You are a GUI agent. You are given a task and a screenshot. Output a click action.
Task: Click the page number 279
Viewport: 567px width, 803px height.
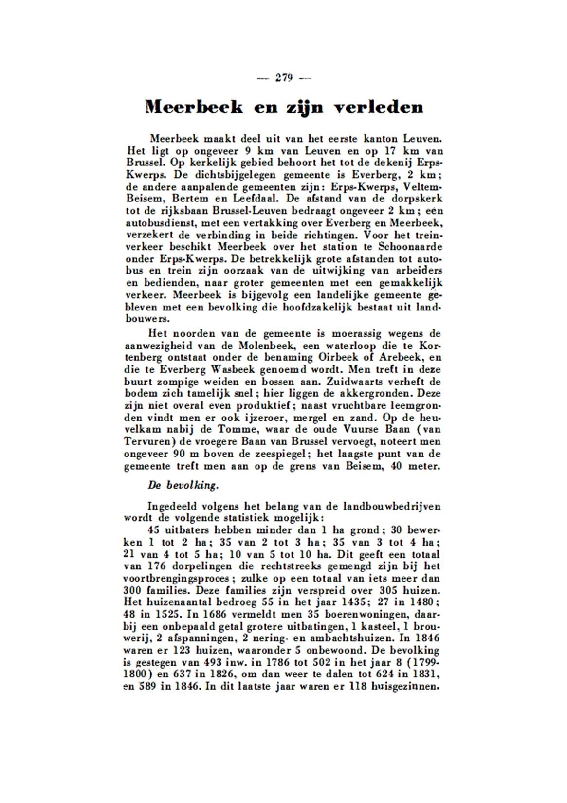click(x=284, y=78)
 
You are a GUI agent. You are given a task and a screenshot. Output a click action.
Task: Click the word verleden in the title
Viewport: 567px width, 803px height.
click(x=379, y=107)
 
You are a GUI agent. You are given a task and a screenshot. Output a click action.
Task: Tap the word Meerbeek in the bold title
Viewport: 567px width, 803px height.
click(x=194, y=107)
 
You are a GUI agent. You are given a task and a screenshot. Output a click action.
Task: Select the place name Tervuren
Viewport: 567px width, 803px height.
click(x=146, y=442)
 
